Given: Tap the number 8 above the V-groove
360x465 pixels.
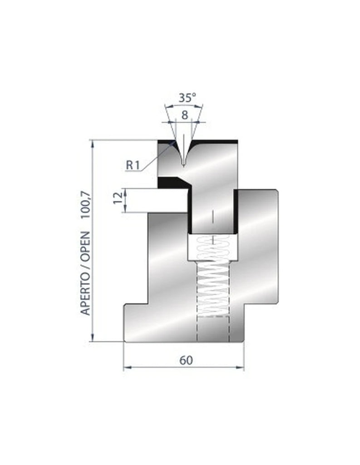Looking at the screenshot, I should [184, 115].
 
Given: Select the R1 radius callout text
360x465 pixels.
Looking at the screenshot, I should [132, 165].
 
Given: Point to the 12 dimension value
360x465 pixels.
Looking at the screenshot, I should [118, 200].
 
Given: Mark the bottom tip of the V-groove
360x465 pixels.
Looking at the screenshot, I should [183, 164].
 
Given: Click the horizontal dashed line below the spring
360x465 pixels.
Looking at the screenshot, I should [212, 317].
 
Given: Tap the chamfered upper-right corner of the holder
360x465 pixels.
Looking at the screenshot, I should [275, 191].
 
